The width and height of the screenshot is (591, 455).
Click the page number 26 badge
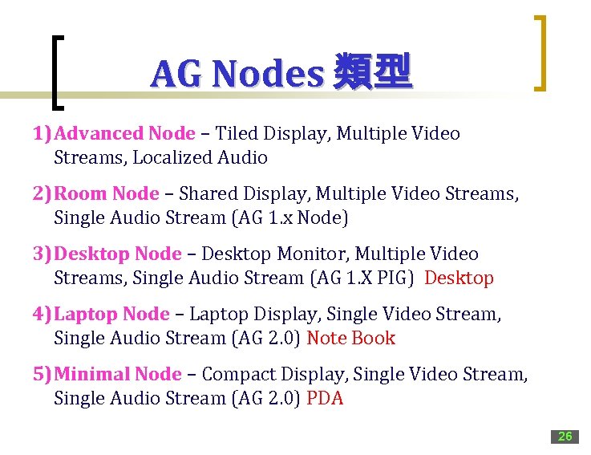point(565,437)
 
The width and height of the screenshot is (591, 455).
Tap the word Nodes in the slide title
point(267,75)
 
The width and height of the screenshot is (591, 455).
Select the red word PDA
point(325,399)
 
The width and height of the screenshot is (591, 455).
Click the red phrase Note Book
point(351,339)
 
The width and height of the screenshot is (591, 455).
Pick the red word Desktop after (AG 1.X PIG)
point(459,278)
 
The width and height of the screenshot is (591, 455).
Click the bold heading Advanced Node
point(125,133)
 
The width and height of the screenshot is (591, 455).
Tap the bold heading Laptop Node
point(112,315)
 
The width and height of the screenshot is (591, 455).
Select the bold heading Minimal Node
point(118,375)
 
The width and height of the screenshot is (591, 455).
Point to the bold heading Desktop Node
point(118,254)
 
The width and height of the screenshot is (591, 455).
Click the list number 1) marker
point(43,133)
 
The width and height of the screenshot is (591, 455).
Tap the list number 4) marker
point(43,315)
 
